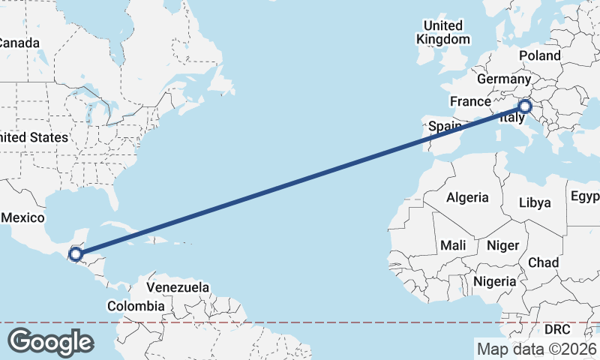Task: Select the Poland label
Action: pos(539,55)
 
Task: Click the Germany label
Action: pos(503,79)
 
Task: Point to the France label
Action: pos(469,101)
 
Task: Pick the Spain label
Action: pos(444,127)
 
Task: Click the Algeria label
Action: pos(467,198)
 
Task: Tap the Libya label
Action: pos(535,202)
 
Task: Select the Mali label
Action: pos(452,245)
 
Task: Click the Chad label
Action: pos(544,262)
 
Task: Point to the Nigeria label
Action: pos(494,281)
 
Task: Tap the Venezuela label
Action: pos(178,287)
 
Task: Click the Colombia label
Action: pos(135,306)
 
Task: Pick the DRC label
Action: pos(557,329)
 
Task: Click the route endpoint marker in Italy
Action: pos(524,106)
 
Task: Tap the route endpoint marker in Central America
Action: pos(75,254)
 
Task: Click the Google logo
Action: pos(50,341)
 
